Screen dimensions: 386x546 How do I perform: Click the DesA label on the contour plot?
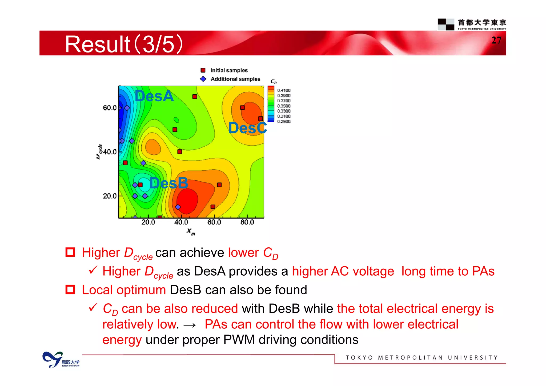click(154, 96)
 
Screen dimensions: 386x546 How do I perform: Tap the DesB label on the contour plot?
click(169, 183)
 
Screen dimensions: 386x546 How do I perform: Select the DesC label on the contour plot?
click(248, 128)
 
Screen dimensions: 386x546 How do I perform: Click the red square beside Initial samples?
click(203, 70)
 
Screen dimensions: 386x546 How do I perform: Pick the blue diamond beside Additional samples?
click(203, 79)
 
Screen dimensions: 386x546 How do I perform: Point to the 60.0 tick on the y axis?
click(110, 108)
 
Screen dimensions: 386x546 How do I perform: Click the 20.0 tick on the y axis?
click(110, 196)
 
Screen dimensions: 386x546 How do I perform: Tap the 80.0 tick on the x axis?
click(247, 222)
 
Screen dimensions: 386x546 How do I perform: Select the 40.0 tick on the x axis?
click(181, 222)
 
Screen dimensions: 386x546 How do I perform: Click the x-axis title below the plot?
click(191, 231)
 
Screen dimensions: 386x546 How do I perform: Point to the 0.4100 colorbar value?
click(284, 91)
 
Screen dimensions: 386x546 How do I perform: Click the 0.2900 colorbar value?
click(284, 122)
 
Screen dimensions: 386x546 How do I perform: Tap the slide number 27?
click(496, 41)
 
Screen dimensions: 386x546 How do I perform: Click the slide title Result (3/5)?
click(124, 44)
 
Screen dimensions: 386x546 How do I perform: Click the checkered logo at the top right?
click(446, 24)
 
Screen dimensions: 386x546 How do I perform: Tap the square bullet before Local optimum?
click(70, 289)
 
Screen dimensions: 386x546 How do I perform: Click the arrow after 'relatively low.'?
click(190, 325)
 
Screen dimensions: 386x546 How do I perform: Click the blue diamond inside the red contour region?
click(178, 207)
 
